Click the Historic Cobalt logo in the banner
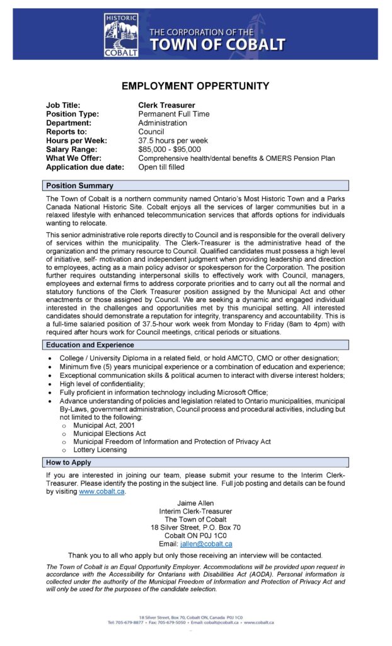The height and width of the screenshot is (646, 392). pos(121,35)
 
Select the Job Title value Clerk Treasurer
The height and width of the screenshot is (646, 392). pos(166,105)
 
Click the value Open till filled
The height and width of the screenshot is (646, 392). pos(161,167)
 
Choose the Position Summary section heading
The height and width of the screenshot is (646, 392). pos(79,185)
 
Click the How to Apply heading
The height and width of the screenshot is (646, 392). pos(69,462)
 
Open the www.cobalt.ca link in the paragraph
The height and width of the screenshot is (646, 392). pos(102,491)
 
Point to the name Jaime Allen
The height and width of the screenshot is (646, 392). pos(195,503)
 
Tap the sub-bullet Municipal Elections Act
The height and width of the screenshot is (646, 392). pos(109,433)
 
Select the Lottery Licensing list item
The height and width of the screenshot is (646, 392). pos(100,450)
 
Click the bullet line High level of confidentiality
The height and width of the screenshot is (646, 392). pos(102,384)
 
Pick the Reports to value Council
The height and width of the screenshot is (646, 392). pos(151,132)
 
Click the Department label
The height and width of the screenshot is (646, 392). pos(68,123)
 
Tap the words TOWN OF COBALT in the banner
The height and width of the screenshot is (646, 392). pos(217,45)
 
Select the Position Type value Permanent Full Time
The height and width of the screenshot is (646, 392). pos(174,114)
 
